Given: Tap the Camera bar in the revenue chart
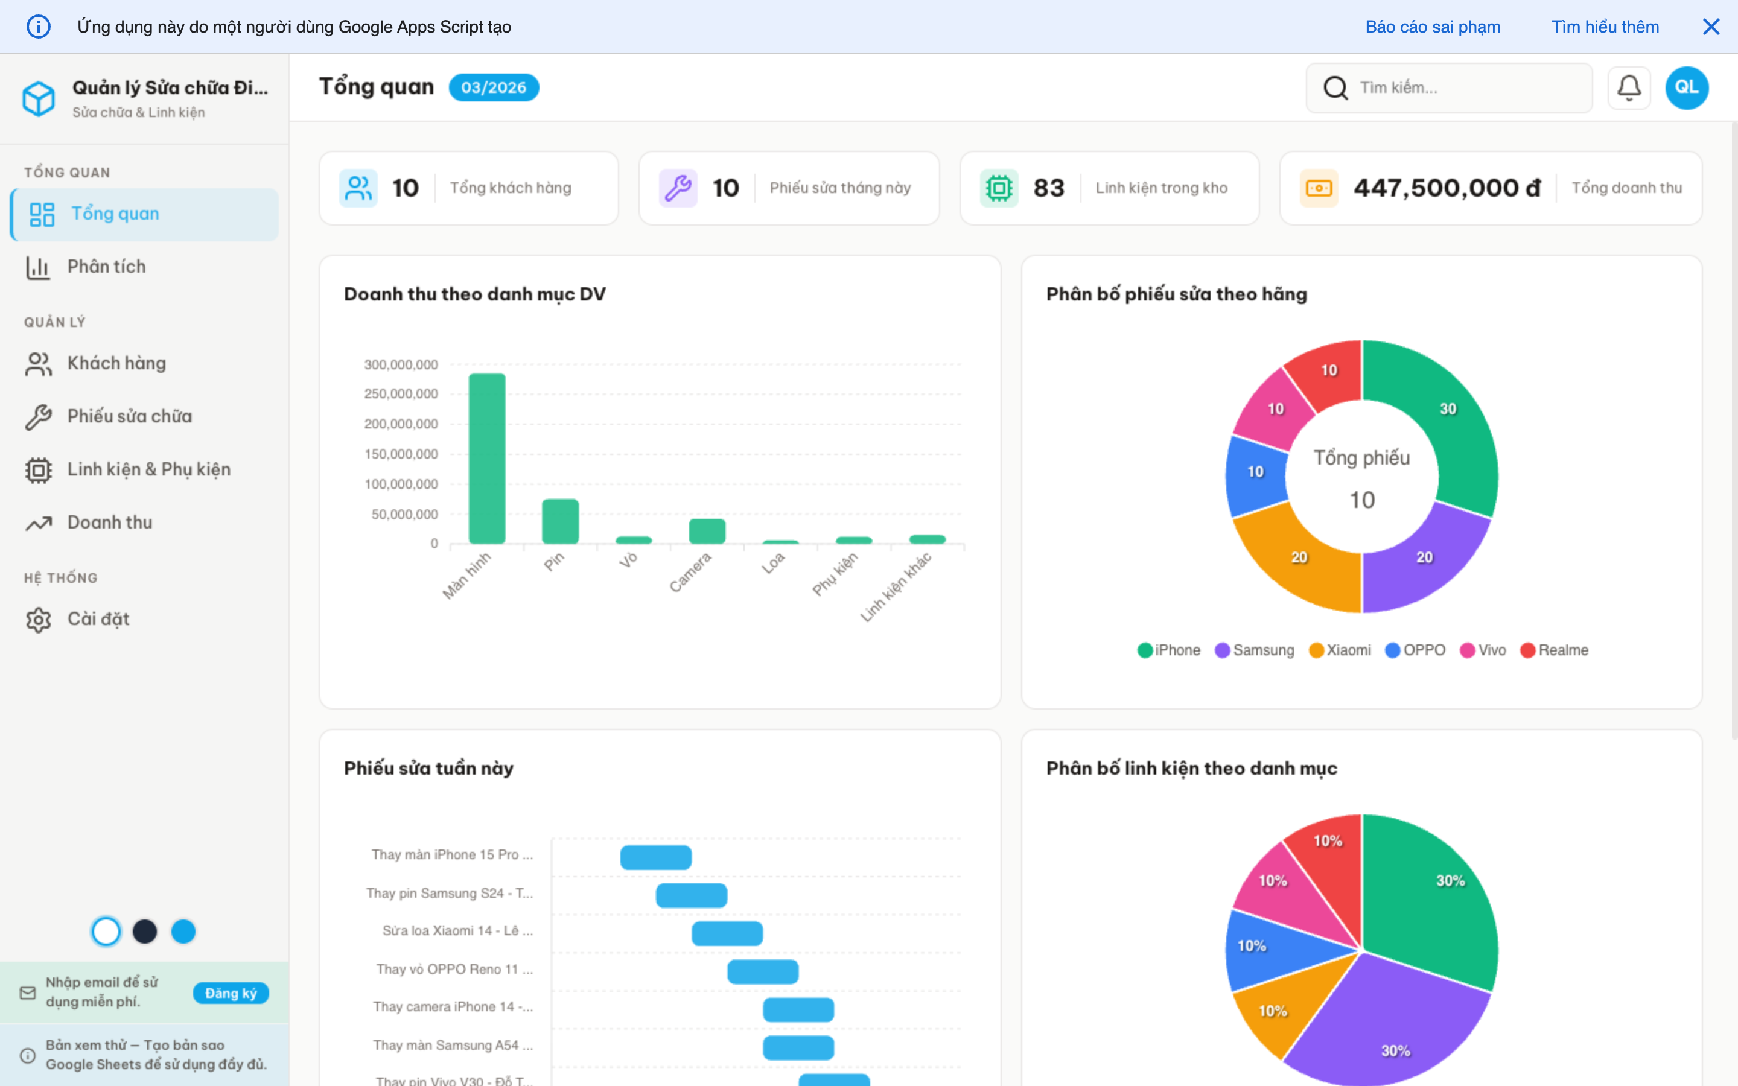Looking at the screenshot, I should tap(707, 531).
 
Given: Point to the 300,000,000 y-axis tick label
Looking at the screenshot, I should tap(401, 364).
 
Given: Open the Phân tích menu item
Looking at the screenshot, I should tap(106, 267).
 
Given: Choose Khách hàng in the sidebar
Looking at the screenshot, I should tap(116, 363).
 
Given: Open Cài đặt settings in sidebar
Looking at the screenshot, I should tap(98, 619).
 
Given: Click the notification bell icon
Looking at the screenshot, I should tap(1629, 87).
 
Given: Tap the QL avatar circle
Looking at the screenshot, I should tap(1686, 87).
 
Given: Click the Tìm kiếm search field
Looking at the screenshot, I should tap(1465, 87).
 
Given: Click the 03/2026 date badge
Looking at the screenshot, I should tap(494, 87).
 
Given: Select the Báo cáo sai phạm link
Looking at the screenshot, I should tap(1432, 27).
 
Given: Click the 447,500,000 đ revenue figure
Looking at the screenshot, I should tap(1447, 188).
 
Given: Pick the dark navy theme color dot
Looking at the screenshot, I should tap(144, 932).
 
